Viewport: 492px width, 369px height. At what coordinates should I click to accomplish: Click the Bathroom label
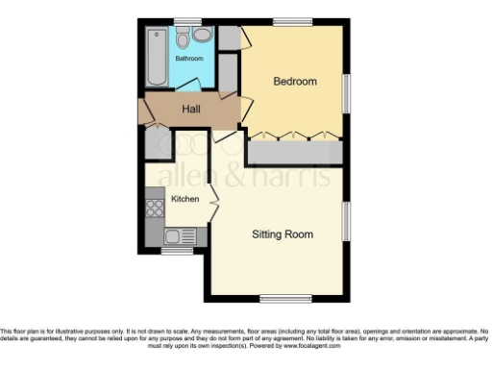[x=188, y=59]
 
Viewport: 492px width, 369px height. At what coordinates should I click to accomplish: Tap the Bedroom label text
[x=295, y=82]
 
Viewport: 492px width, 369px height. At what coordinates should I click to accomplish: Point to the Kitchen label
[x=185, y=199]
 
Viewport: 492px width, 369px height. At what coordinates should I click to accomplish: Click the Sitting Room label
[x=283, y=234]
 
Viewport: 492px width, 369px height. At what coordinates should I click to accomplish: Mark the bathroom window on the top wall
[x=187, y=21]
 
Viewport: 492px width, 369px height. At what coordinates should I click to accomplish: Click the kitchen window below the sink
[x=175, y=252]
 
